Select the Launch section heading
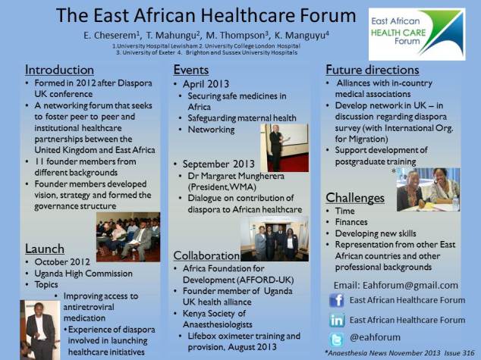pos(45,248)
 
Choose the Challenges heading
pos(355,198)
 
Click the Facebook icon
pos(337,301)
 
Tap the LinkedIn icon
pos(337,321)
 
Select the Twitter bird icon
pos(337,340)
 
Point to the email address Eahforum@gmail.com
pos(395,286)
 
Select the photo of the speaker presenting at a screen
pos(283,147)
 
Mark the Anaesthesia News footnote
pos(400,353)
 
